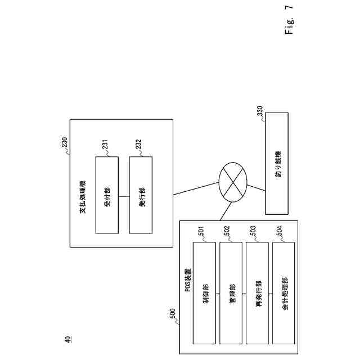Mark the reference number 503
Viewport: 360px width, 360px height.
click(253, 233)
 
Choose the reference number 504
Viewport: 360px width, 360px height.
click(280, 233)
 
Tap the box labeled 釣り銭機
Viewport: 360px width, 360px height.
click(277, 163)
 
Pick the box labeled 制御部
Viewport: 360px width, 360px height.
click(204, 292)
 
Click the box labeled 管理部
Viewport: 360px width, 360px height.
click(231, 292)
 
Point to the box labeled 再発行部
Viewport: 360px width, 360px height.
click(257, 292)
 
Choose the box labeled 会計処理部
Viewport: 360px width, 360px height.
click(283, 292)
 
